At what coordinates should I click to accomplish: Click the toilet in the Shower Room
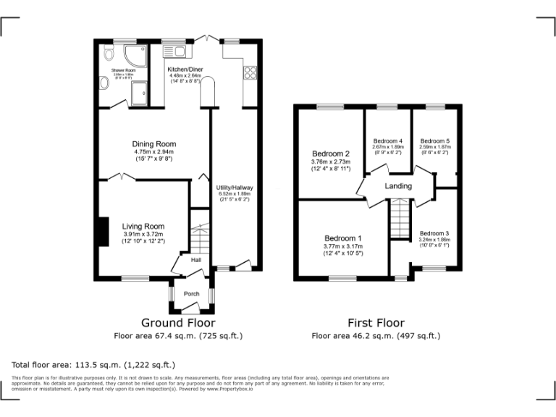click(x=108, y=52)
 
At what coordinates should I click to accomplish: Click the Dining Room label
click(x=153, y=144)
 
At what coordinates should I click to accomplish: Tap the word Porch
click(x=191, y=293)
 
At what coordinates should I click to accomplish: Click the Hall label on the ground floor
click(x=196, y=260)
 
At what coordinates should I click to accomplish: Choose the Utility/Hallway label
click(x=234, y=188)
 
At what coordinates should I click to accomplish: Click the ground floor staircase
click(x=199, y=235)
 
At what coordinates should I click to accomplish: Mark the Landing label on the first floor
click(x=397, y=186)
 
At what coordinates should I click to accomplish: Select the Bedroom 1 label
click(x=342, y=238)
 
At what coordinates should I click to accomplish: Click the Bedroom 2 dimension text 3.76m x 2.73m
click(x=331, y=161)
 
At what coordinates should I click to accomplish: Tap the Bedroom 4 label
click(x=387, y=140)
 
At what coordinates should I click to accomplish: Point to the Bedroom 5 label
click(x=434, y=140)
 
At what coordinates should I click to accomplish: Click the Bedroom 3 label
click(x=434, y=233)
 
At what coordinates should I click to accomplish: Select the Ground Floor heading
click(x=177, y=323)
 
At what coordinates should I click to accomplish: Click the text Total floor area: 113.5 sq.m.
click(x=93, y=365)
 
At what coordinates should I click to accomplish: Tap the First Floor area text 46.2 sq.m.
click(x=376, y=336)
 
